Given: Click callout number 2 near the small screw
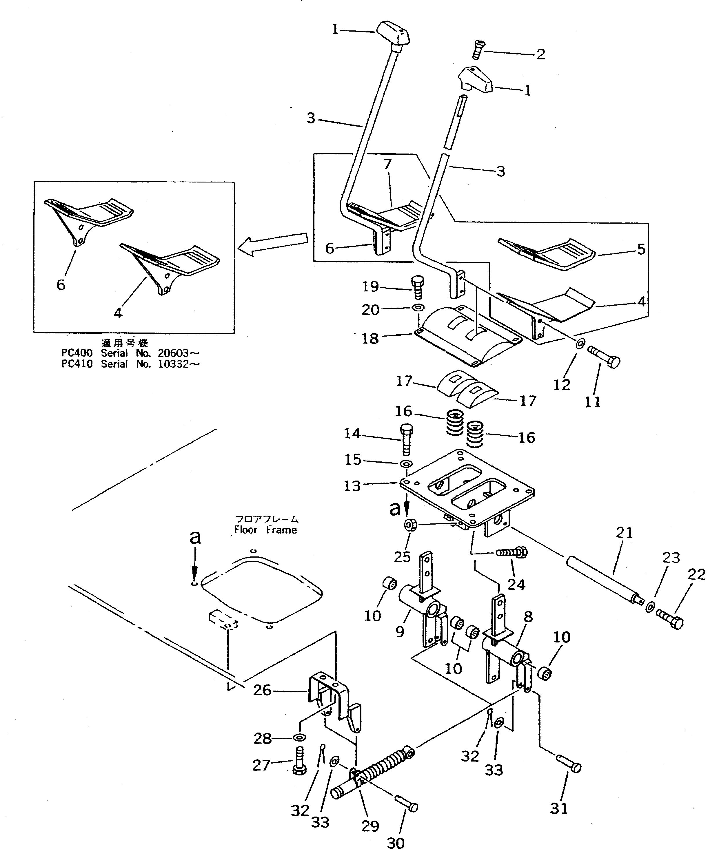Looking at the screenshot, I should point(540,54).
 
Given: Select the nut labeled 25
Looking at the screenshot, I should point(410,525).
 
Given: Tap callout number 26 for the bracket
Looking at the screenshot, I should point(262,690).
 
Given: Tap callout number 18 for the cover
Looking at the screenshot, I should point(370,338).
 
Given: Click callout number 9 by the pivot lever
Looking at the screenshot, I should point(400,631).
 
